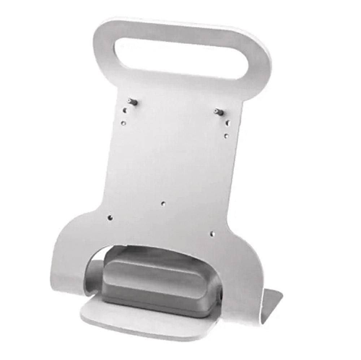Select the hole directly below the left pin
[x=125, y=110]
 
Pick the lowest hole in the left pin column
[x=123, y=123]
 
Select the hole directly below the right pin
[x=228, y=123]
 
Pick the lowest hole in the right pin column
[x=226, y=136]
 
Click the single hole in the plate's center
[x=163, y=204]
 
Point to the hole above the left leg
[x=110, y=218]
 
